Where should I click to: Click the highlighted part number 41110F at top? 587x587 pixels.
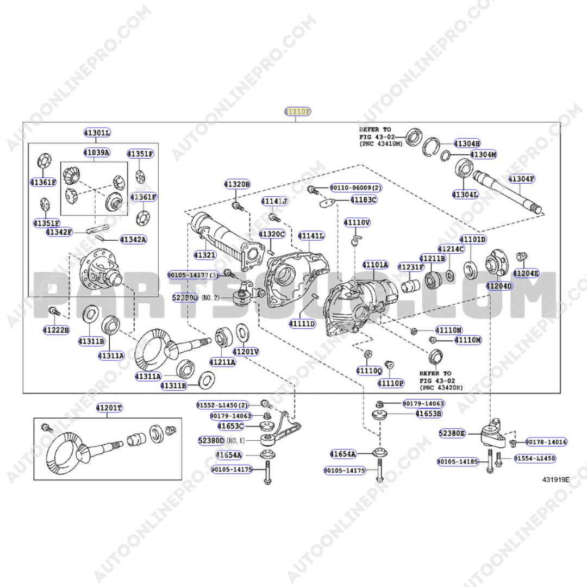tap(298, 111)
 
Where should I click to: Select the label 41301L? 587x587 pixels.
tap(97, 133)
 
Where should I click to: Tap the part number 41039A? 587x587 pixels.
tap(96, 152)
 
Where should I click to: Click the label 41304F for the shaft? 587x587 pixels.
tap(521, 178)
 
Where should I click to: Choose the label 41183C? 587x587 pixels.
tap(363, 199)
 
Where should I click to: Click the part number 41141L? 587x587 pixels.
tap(311, 235)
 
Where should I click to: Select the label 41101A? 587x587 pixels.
tap(376, 265)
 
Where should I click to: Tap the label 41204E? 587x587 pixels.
tap(526, 273)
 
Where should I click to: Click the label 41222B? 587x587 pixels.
tap(56, 330)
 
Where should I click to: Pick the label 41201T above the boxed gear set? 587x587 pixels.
tap(109, 408)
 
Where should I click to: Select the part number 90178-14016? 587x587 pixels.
tap(546, 442)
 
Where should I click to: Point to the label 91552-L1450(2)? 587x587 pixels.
tap(222, 405)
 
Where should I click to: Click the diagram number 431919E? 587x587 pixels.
tap(555, 479)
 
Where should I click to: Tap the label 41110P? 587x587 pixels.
tap(391, 383)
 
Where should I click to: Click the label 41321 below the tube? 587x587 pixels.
tap(205, 254)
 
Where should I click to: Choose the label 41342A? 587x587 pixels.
tap(133, 239)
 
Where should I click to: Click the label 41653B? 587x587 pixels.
tap(428, 414)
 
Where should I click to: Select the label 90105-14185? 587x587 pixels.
tap(458, 462)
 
